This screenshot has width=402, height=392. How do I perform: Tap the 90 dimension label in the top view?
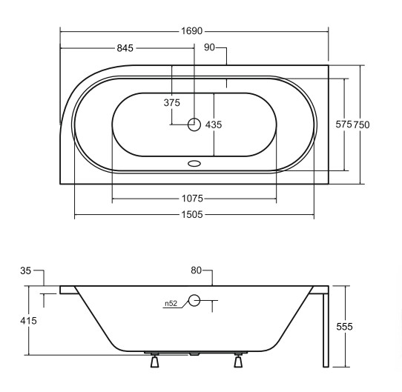pos(209,49)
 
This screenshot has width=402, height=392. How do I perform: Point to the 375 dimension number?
pos(171,104)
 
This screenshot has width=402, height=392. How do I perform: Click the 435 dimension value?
pos(214,125)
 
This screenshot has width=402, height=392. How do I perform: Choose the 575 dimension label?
pos(343,125)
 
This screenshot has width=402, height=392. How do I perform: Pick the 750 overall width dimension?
pos(361,125)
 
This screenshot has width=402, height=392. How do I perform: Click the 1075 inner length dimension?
pos(194,199)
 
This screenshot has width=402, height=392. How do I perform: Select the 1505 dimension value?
pos(194,216)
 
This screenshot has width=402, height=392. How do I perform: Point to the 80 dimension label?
pos(197,271)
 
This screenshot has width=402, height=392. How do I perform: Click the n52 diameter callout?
pos(171,302)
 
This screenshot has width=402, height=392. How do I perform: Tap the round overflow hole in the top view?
pos(194,125)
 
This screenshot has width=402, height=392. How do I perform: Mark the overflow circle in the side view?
pos(194,301)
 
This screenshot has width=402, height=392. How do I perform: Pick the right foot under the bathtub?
pos(238,362)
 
